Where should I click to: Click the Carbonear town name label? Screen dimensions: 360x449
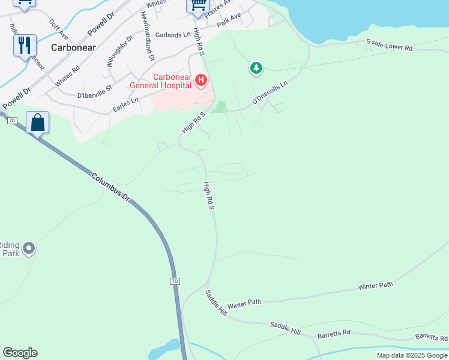[x=74, y=47]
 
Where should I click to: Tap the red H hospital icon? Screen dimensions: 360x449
[x=201, y=79]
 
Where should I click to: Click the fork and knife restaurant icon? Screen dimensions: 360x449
[x=25, y=44]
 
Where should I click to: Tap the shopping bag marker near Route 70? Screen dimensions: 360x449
[x=37, y=122]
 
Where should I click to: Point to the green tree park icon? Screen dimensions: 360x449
[x=256, y=68]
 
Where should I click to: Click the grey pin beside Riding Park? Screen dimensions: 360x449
[x=28, y=248]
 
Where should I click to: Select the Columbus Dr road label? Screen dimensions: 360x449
[x=111, y=187]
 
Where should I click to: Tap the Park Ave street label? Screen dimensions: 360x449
[x=229, y=21]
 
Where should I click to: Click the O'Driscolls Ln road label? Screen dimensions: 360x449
[x=270, y=93]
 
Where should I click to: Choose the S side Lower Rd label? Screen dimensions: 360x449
[x=389, y=45]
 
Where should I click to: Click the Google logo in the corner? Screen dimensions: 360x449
[x=20, y=353]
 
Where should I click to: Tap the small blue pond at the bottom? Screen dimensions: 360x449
[x=164, y=350]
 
